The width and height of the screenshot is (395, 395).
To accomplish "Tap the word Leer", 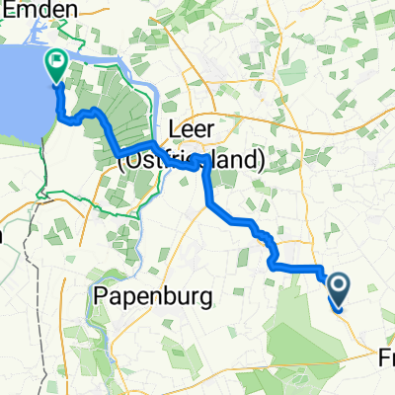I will [194, 129].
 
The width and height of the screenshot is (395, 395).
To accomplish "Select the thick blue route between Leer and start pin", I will [237, 219].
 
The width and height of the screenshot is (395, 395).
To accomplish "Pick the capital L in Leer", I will [175, 129].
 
